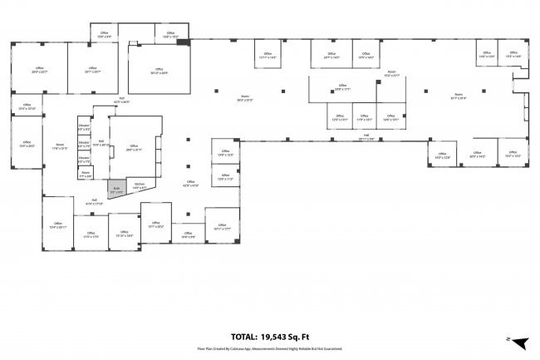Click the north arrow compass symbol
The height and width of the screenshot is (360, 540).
519,341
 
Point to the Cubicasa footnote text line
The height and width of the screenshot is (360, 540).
269,348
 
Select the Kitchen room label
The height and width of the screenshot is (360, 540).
140,187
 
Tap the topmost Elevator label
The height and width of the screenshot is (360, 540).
83,127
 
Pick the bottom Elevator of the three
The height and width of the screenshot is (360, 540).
83,159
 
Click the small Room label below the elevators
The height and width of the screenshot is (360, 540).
85,175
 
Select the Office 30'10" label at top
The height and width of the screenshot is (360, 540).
159,72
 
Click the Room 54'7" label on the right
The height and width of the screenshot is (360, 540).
459,96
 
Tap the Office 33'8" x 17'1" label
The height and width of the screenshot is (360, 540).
342,86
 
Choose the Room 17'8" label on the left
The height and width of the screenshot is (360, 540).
60,147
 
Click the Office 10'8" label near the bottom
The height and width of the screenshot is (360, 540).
188,234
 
